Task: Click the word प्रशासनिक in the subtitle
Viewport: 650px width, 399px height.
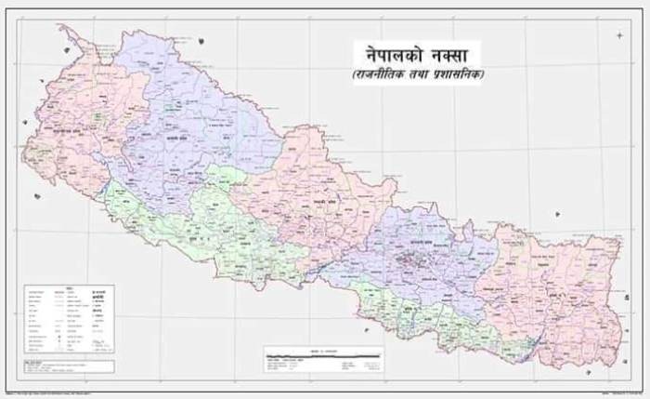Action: point(463,76)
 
